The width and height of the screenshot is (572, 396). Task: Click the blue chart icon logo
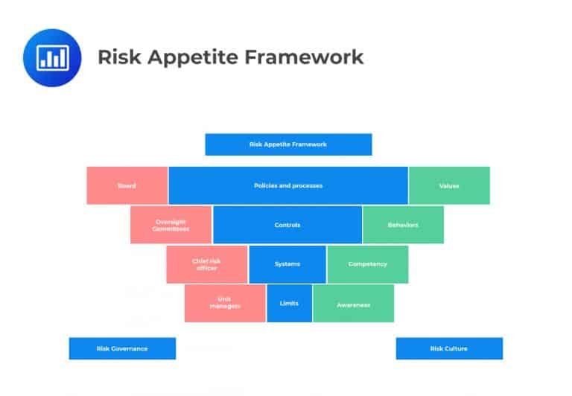coord(53,57)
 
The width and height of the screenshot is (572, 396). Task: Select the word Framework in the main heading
coord(298,57)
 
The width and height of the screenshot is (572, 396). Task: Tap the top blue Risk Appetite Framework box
coord(288,144)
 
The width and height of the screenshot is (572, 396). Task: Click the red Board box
coord(127,185)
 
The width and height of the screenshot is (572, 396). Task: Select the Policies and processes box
coord(288,185)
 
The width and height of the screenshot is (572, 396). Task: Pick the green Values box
coord(449,185)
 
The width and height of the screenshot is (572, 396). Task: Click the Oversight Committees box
coord(171,225)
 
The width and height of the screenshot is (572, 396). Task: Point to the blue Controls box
coord(287,225)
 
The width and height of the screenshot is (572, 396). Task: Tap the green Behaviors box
coord(403,225)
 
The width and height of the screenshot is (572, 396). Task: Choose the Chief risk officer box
coord(207,264)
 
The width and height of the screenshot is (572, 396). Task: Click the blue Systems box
coord(287,264)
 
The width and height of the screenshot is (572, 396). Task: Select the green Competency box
coord(367,264)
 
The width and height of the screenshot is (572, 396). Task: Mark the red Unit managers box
coord(225,303)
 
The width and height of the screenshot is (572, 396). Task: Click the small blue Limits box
coord(289,303)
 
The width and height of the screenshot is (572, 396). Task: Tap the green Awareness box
coord(353,303)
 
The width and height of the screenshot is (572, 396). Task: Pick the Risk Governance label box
coord(122,348)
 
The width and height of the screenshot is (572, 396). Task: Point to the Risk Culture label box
coord(449,348)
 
